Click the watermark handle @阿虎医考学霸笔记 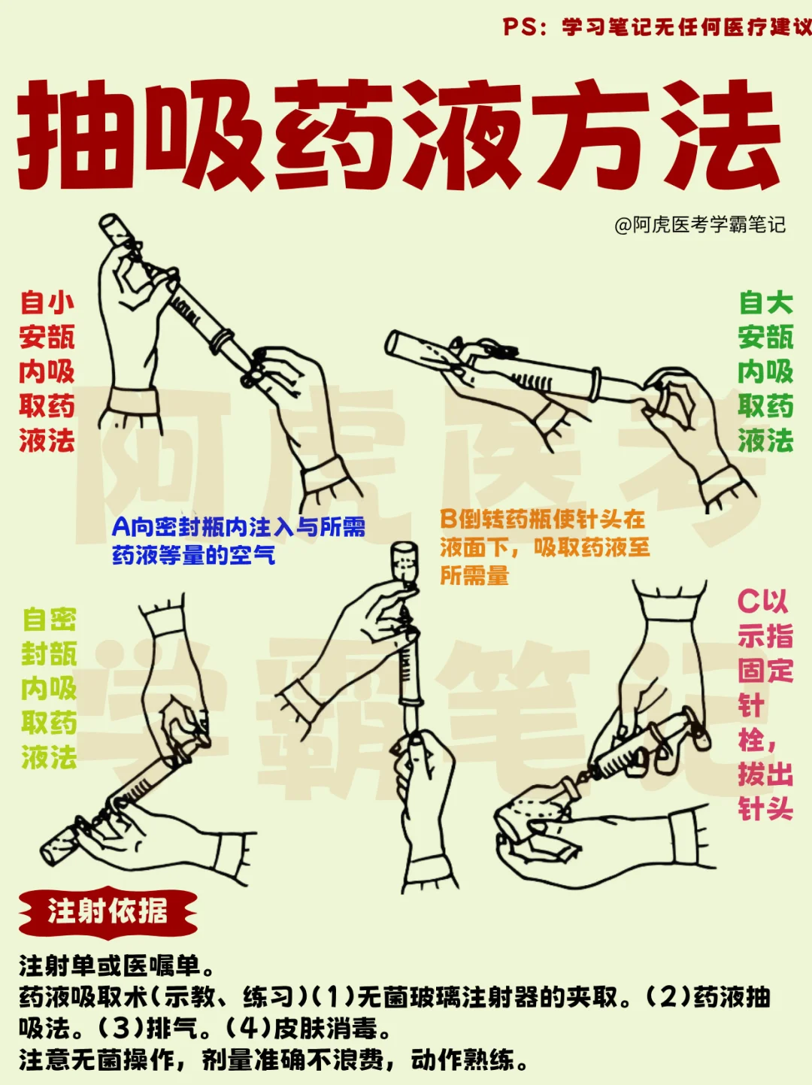[700, 226]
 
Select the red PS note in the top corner [657, 26]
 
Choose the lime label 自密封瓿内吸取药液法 [49, 688]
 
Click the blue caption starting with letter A [238, 541]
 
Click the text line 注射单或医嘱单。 [117, 966]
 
